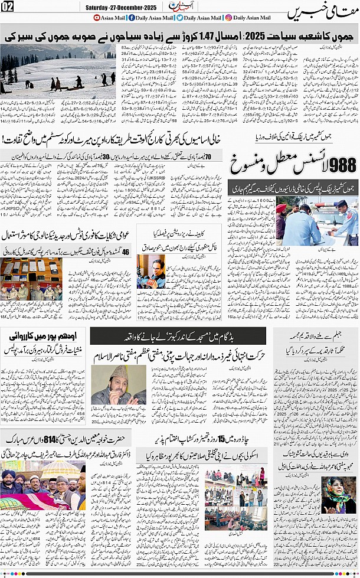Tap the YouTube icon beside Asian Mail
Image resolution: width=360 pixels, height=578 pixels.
click(x=97, y=18)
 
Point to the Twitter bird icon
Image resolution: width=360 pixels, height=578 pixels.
click(x=180, y=18)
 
